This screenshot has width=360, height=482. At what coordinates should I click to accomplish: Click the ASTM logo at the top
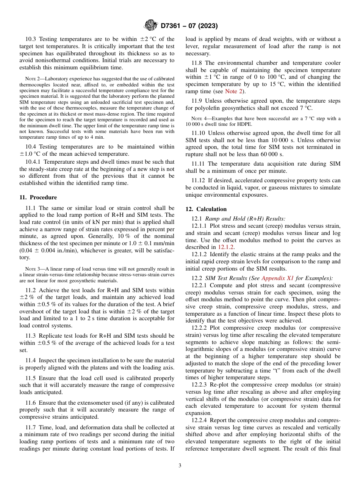tap(150, 26)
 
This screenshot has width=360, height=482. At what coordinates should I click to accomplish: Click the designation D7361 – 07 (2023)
tap(189, 26)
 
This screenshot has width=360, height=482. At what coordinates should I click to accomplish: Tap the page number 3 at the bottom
tap(180, 466)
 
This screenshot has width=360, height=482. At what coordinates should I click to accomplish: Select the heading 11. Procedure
tap(38, 197)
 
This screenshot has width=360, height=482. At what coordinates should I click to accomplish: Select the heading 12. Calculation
tap(206, 209)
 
